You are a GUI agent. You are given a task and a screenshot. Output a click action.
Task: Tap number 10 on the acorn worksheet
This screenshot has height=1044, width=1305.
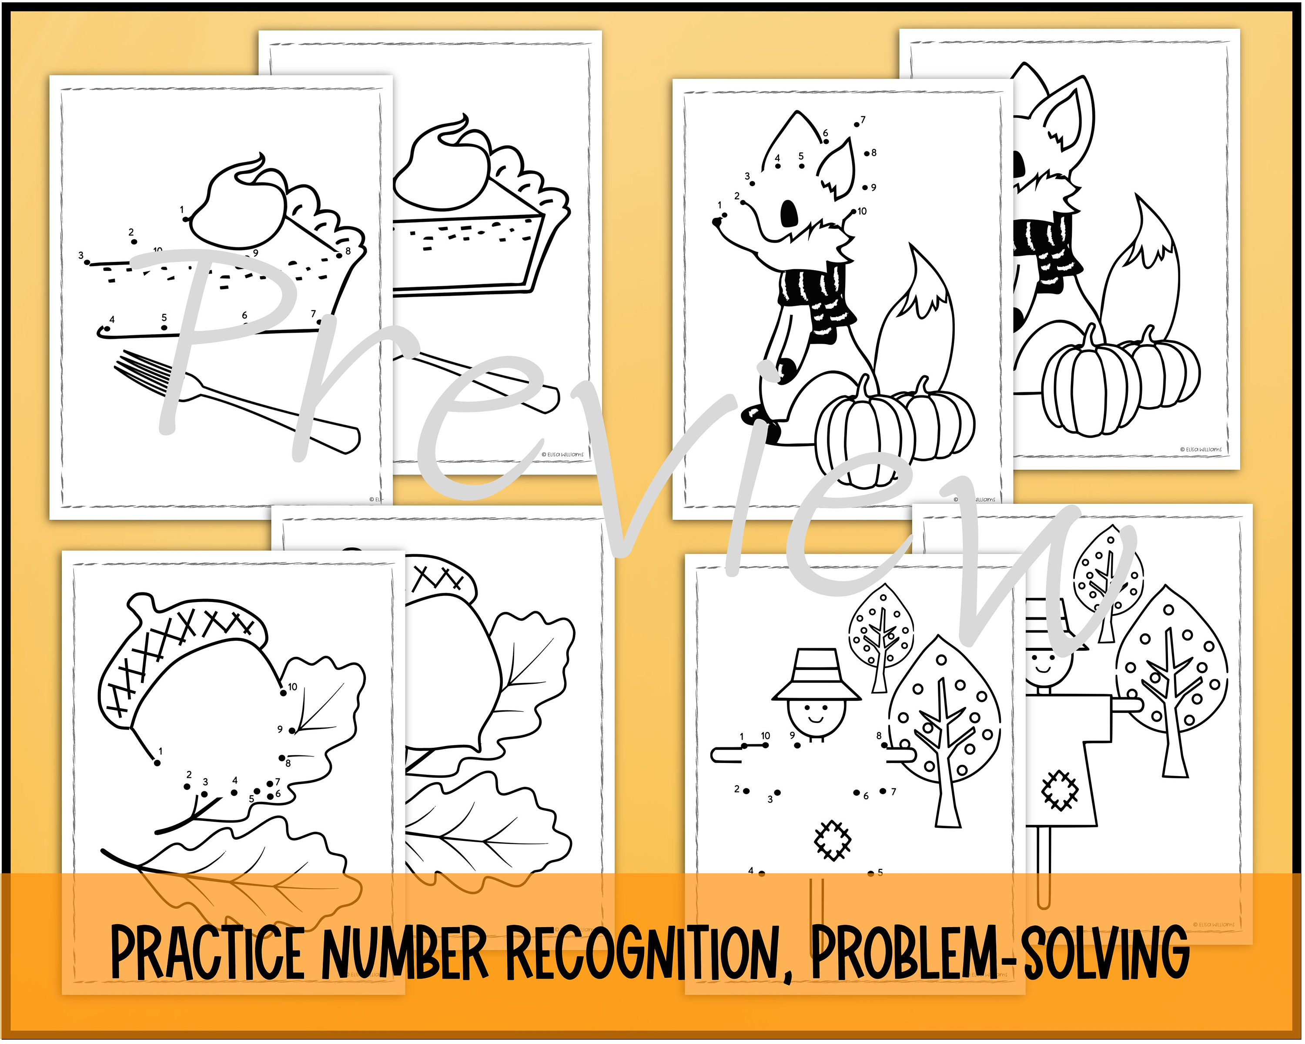pyautogui.click(x=292, y=687)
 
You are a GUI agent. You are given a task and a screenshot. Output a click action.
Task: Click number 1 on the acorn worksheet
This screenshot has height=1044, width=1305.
pyautogui.click(x=161, y=751)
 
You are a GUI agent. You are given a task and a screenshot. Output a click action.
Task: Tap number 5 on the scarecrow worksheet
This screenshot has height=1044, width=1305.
pyautogui.click(x=880, y=872)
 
